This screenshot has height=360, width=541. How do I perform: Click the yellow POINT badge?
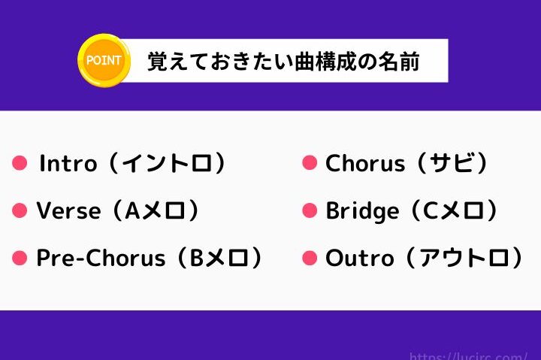point(104,60)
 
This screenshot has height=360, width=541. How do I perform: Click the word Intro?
point(68,163)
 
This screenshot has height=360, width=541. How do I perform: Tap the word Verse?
point(68,210)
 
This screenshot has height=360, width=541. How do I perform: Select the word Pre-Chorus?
point(101,258)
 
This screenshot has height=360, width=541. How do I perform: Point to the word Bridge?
point(362,211)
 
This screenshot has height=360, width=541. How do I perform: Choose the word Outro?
point(359,259)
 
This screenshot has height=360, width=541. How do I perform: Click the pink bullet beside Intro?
point(20,163)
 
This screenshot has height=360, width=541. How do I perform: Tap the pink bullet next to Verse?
point(20,210)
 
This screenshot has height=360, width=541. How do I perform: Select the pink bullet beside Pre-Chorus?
point(20,258)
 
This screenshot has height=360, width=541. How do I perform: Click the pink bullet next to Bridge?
point(310,210)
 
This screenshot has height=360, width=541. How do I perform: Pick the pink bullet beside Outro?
point(310,258)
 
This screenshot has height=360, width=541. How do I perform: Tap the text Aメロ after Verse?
point(155,210)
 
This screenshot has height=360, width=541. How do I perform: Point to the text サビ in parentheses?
point(452,162)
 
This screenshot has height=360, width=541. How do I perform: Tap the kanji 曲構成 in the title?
point(325,62)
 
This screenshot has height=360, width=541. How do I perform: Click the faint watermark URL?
point(468,355)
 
